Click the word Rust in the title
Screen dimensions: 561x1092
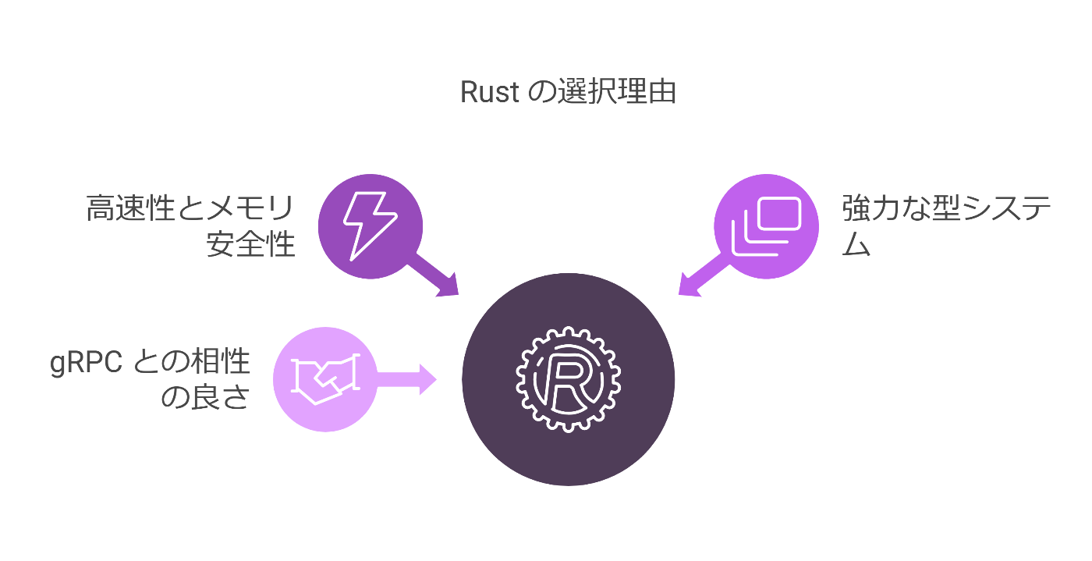tap(490, 92)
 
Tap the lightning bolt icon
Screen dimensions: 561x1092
tap(370, 225)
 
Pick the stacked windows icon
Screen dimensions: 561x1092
tap(766, 226)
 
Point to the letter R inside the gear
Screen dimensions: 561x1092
tap(568, 380)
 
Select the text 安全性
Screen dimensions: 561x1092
tap(251, 244)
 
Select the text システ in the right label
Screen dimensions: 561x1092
tap(997, 209)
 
